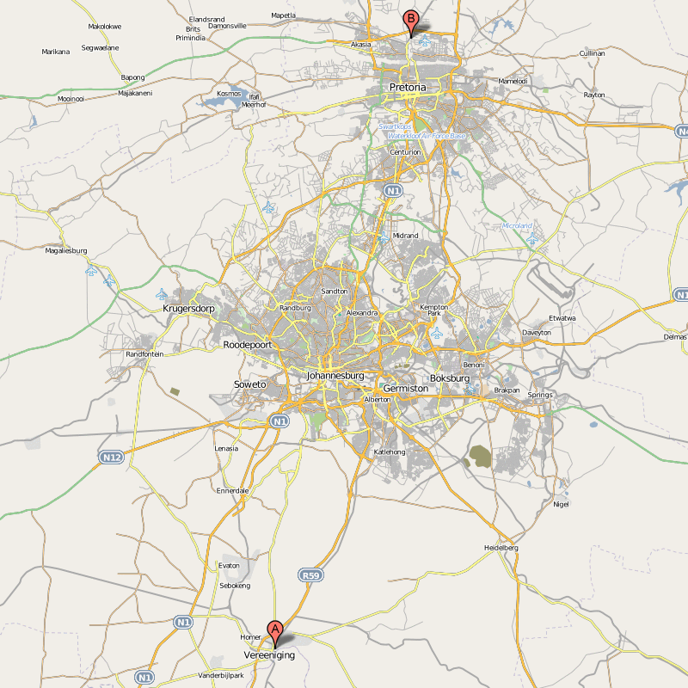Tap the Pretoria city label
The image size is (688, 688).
408,88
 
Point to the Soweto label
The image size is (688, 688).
250,384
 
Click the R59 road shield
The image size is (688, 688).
310,574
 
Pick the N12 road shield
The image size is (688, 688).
111,457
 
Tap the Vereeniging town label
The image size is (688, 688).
269,654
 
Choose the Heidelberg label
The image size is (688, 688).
501,548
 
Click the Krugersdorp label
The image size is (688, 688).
188,308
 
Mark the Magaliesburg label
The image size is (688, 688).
67,250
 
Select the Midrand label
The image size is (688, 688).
405,236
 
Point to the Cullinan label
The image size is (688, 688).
593,53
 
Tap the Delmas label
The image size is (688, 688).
675,337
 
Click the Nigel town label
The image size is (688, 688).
562,504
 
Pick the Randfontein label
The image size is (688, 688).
144,354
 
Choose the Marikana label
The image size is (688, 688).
56,52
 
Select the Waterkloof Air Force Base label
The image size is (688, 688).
426,136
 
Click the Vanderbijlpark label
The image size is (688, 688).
221,675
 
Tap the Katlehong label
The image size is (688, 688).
389,451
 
